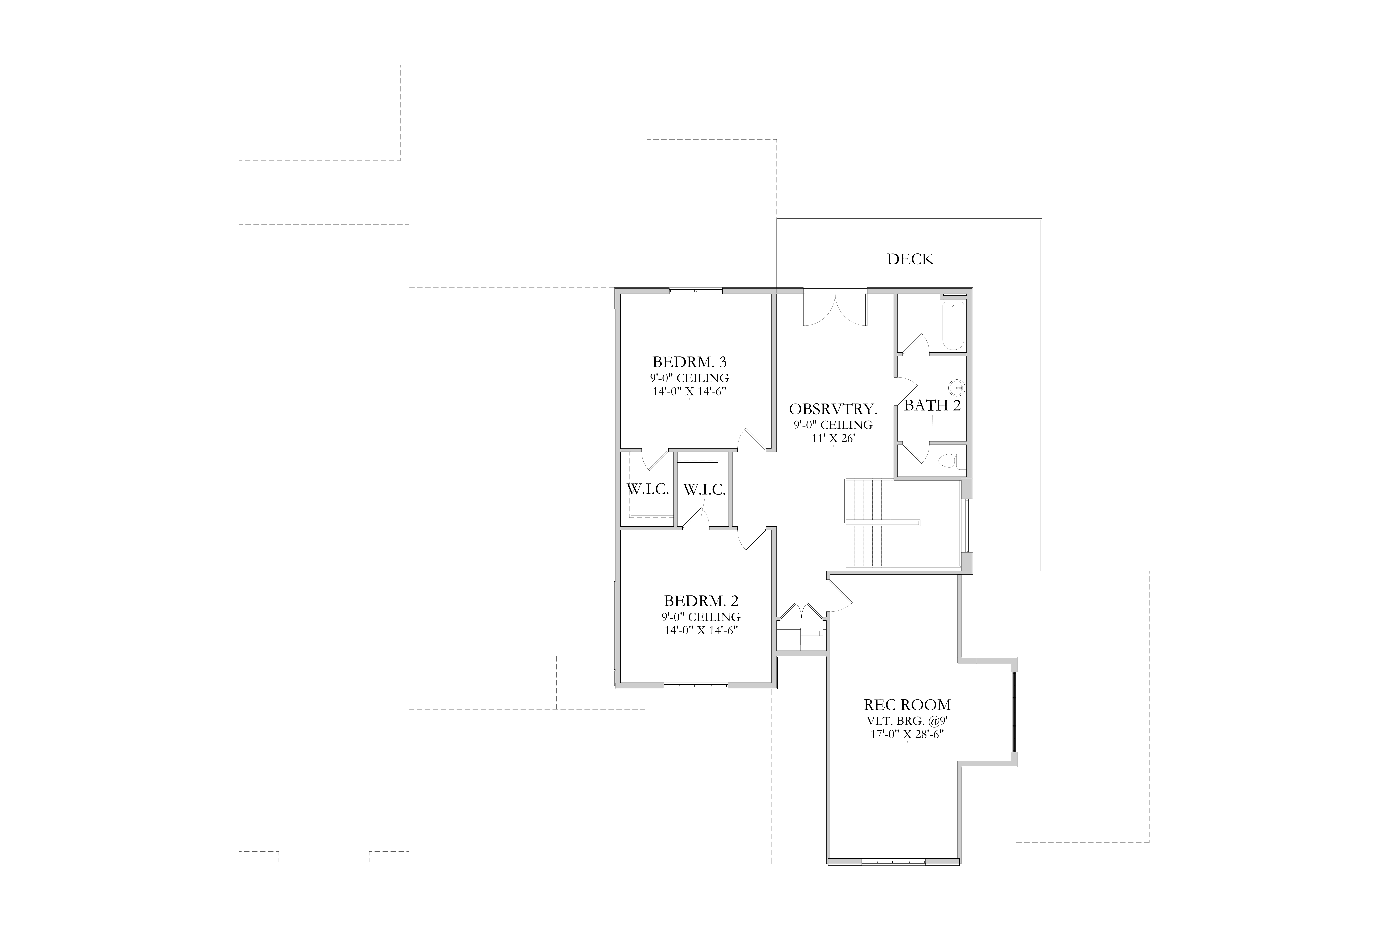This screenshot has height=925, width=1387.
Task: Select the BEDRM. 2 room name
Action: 701,601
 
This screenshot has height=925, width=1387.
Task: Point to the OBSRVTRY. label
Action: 833,409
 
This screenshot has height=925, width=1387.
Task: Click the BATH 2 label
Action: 932,405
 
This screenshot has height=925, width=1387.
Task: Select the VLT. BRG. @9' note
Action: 908,720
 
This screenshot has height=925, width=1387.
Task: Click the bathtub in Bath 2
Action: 953,326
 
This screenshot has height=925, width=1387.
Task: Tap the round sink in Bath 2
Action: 956,388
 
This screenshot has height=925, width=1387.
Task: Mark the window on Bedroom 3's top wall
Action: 696,291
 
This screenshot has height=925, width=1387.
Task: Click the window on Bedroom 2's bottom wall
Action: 696,685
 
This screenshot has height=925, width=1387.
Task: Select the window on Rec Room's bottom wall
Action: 894,862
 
